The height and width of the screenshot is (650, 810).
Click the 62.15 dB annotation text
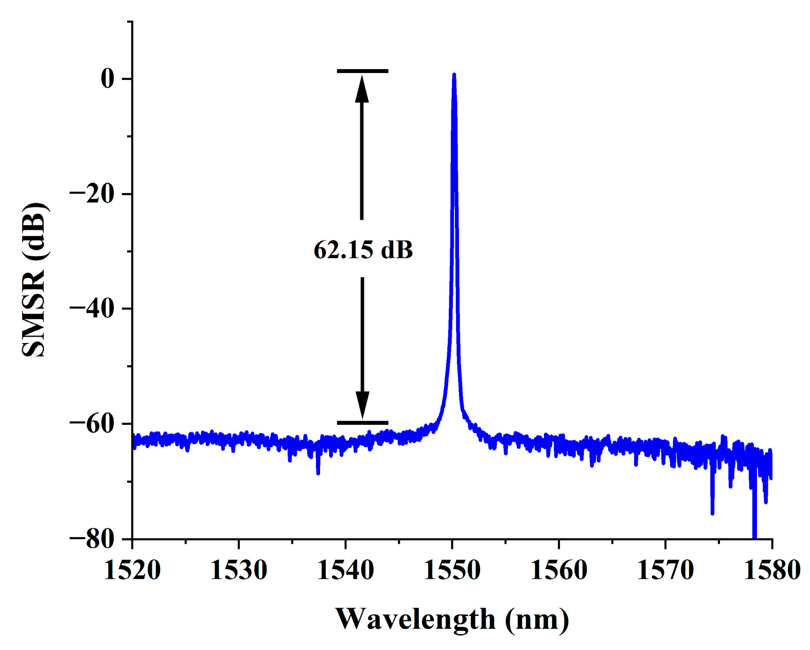(363, 250)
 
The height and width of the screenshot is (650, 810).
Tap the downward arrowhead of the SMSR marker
(362, 405)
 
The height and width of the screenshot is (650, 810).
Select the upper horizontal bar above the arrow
(362, 71)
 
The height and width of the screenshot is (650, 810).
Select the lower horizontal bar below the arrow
(362, 423)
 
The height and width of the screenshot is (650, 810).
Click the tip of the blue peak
(454, 75)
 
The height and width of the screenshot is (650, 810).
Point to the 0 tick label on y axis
(108, 79)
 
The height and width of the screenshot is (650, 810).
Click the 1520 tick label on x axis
(132, 570)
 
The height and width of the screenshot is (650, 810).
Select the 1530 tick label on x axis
(239, 570)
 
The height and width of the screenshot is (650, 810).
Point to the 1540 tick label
(345, 570)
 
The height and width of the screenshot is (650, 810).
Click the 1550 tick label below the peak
(452, 570)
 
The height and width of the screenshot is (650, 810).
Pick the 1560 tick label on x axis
(558, 570)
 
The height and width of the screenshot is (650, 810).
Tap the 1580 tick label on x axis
(772, 570)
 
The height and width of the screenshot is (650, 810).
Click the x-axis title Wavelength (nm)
(452, 619)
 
